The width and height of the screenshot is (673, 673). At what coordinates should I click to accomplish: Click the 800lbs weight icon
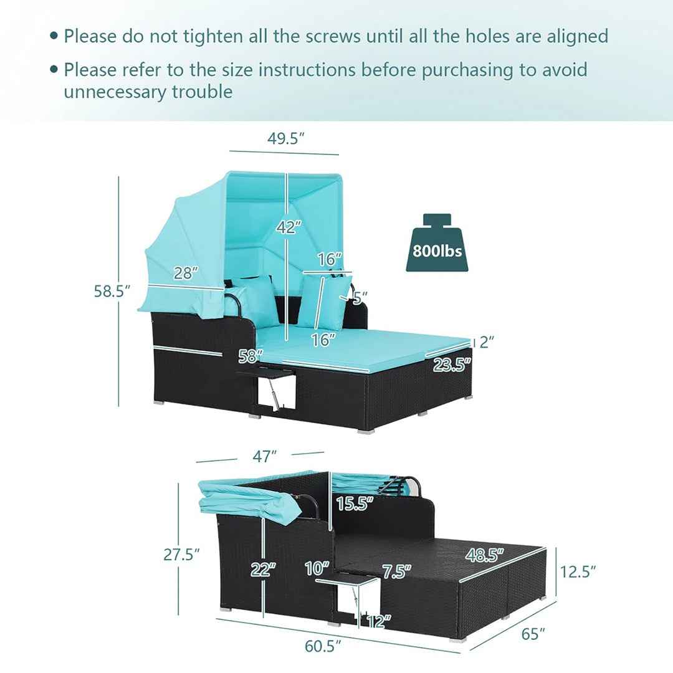(437, 242)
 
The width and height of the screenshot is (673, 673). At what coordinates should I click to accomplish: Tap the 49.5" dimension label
(286, 138)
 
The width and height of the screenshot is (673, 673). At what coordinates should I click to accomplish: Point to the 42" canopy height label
(289, 227)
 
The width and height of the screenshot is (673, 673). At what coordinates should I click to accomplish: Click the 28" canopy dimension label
(186, 272)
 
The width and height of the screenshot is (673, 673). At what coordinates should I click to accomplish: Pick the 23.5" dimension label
(452, 365)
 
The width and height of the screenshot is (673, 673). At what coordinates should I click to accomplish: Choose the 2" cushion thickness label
(487, 342)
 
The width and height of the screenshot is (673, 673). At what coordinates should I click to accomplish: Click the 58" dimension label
(251, 356)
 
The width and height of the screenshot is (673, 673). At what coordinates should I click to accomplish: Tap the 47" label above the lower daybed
(264, 456)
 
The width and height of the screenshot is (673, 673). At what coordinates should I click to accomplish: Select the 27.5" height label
(181, 555)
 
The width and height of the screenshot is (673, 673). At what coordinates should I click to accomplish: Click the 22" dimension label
(263, 570)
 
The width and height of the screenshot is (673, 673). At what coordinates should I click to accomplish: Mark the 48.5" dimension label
(485, 555)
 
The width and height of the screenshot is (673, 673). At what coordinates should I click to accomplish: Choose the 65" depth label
(533, 634)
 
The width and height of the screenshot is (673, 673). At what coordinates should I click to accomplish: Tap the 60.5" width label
(323, 646)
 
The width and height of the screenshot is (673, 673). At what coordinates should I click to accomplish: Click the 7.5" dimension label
(396, 571)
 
